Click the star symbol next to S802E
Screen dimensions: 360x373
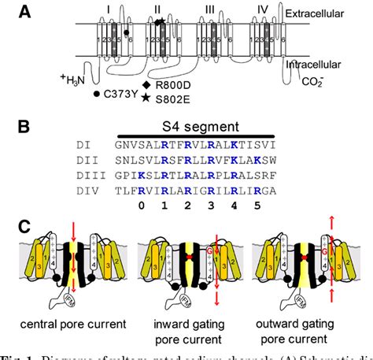click(x=146, y=98)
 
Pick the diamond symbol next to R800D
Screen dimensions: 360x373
click(x=146, y=84)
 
